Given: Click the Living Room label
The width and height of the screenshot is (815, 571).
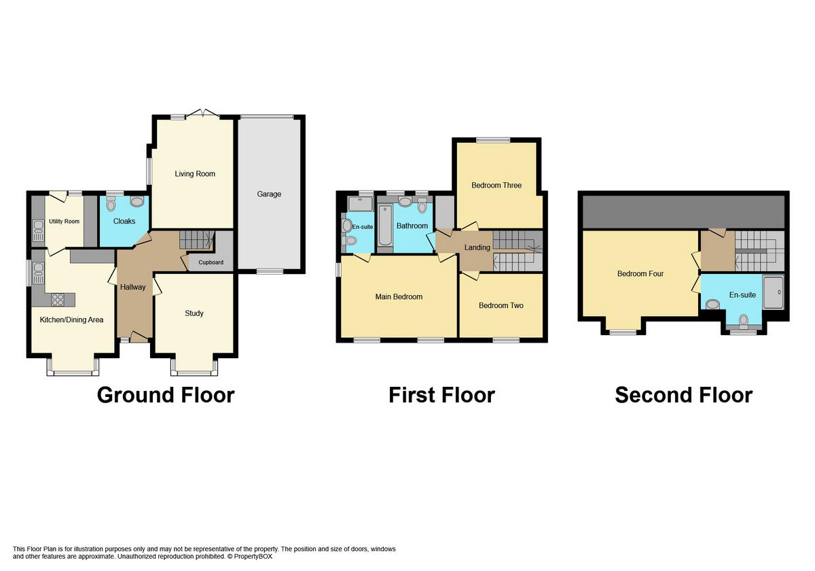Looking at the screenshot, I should (195, 174).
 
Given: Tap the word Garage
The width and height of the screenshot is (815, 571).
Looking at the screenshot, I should (269, 194).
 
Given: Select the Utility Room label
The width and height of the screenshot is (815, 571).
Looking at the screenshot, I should (64, 222).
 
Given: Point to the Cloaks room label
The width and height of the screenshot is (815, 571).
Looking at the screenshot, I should (124, 222).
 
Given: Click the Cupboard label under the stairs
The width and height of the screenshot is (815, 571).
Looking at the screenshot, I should (211, 262).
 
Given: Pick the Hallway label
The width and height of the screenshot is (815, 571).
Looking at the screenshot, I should (132, 288).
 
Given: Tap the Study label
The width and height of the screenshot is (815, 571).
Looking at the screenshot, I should (194, 313).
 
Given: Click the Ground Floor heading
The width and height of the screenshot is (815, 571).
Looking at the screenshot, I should (166, 395).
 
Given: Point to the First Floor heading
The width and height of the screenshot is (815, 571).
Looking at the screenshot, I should (441, 395).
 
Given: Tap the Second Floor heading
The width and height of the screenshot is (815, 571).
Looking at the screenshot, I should (683, 395).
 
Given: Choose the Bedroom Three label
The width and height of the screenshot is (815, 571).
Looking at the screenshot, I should (496, 186).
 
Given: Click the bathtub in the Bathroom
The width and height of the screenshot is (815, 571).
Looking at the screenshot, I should (384, 226).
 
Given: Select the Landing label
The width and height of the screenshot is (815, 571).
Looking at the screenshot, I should (477, 247).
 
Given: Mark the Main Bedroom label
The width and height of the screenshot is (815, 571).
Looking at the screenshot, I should (399, 297).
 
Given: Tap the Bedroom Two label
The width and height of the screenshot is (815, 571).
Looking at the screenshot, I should (501, 306).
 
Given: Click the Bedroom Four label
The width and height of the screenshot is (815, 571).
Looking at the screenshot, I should (640, 274).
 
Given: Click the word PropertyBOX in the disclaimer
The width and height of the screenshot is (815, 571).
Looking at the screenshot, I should (249, 556).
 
